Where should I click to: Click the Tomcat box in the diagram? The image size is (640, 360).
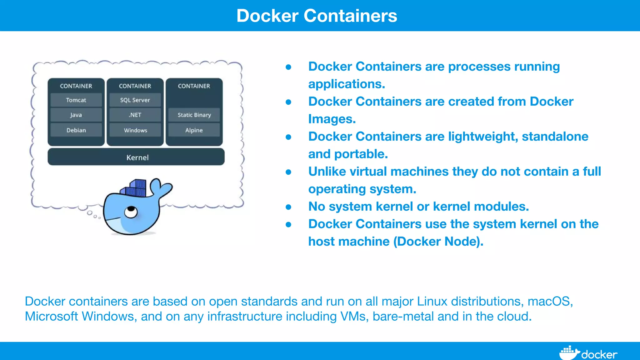[76, 100]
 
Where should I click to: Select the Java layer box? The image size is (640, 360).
[76, 115]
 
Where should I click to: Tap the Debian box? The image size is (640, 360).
[76, 130]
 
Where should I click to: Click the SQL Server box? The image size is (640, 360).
[135, 100]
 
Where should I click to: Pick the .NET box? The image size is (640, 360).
[135, 115]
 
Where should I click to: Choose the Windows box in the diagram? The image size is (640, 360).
[135, 130]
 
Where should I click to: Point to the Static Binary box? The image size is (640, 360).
[194, 115]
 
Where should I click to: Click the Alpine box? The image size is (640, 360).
[194, 130]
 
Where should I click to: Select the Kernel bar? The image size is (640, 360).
[136, 157]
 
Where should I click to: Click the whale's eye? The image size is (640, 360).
[131, 212]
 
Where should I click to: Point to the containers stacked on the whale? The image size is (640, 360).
[135, 188]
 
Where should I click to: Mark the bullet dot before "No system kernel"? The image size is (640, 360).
[288, 207]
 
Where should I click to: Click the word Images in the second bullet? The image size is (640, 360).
[332, 119]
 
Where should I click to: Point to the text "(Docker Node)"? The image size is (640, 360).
[438, 242]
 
